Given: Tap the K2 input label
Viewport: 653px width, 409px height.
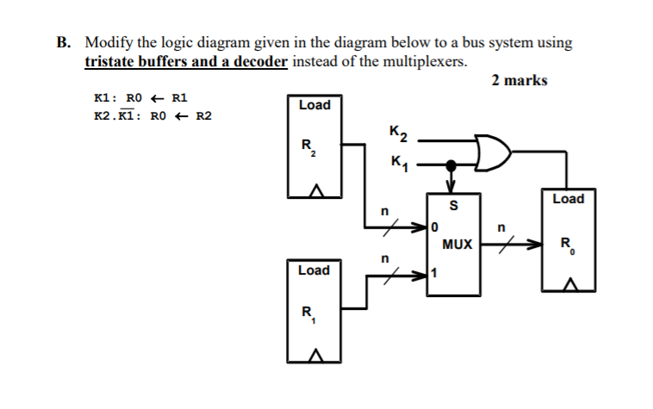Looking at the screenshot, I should point(398,133).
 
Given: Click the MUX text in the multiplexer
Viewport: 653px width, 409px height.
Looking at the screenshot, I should point(457,244).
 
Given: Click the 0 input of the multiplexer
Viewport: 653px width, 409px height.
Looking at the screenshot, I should point(436,228).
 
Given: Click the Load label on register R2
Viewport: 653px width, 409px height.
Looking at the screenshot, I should point(314,105).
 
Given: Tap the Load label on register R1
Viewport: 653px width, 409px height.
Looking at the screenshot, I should point(314,270).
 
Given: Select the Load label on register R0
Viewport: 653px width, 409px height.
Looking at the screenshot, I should point(568,199).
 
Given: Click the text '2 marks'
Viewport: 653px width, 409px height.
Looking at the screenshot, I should point(519,81).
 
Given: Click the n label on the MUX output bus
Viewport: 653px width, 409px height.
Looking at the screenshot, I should point(502,228).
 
